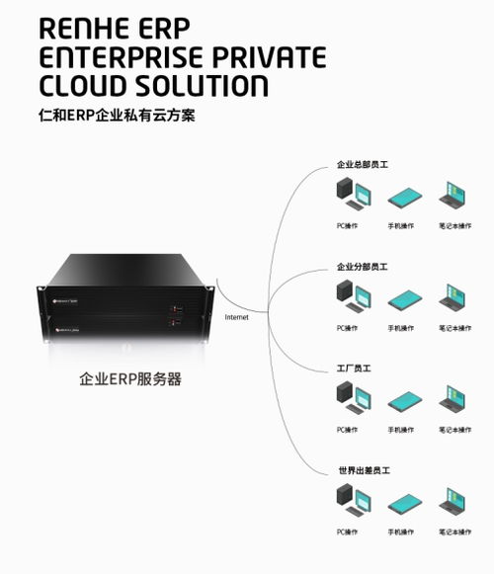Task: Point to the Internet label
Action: tap(237, 317)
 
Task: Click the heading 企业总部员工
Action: tap(363, 165)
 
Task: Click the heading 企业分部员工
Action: tap(363, 267)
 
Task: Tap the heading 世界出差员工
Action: tap(363, 470)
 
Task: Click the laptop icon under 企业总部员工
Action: tap(454, 197)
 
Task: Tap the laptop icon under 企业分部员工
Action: tap(454, 297)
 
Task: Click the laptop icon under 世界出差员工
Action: tap(454, 502)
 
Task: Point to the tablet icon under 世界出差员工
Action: tap(404, 504)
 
